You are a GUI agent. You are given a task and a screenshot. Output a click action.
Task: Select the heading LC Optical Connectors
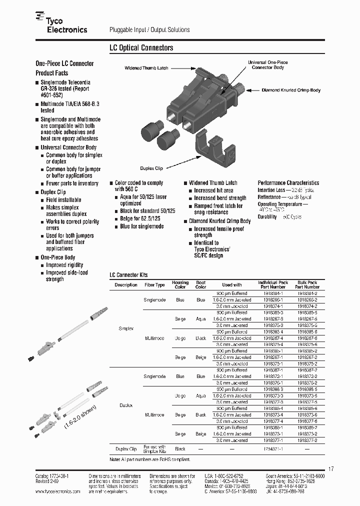141,48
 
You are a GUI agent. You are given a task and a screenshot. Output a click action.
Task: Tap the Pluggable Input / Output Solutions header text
149,30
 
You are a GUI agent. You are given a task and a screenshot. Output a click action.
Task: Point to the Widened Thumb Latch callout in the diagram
146,67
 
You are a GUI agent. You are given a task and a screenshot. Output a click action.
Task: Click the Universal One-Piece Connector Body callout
268,64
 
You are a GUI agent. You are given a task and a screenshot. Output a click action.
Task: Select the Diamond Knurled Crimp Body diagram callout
291,90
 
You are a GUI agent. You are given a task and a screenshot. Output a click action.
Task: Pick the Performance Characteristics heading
288,183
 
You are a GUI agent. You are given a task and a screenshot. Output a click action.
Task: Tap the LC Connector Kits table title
128,275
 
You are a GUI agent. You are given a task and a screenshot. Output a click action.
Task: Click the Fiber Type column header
154,285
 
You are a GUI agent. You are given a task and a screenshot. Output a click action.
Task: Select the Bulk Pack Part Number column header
307,285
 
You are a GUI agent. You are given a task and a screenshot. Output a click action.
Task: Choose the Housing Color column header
180,285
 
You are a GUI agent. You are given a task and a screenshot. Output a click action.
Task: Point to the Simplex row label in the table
126,328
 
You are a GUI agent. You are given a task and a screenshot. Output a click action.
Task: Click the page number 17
330,468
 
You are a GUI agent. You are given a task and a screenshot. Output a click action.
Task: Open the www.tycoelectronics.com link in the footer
58,492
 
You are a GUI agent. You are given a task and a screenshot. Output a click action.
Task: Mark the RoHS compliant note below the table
149,459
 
